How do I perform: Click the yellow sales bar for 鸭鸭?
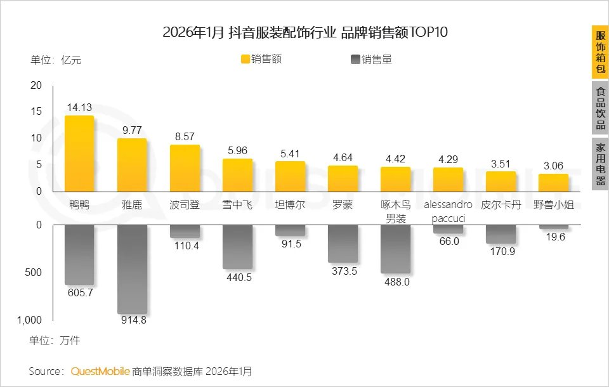[x=79, y=154]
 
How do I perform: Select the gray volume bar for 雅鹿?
[x=132, y=268]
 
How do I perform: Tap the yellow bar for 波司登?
[x=185, y=168]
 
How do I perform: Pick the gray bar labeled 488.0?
[x=395, y=249]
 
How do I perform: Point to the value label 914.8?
[x=132, y=320]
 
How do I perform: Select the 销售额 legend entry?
[x=261, y=60]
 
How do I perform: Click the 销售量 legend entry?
[x=371, y=60]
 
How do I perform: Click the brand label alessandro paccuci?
[x=448, y=212]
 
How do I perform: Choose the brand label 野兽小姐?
[x=553, y=206]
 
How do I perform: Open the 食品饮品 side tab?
[x=599, y=108]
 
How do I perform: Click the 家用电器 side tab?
[x=599, y=164]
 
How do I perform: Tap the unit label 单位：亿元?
[x=56, y=60]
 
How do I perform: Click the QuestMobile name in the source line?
[x=100, y=371]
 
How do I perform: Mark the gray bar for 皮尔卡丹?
[x=501, y=234]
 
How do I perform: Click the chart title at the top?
[x=305, y=32]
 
